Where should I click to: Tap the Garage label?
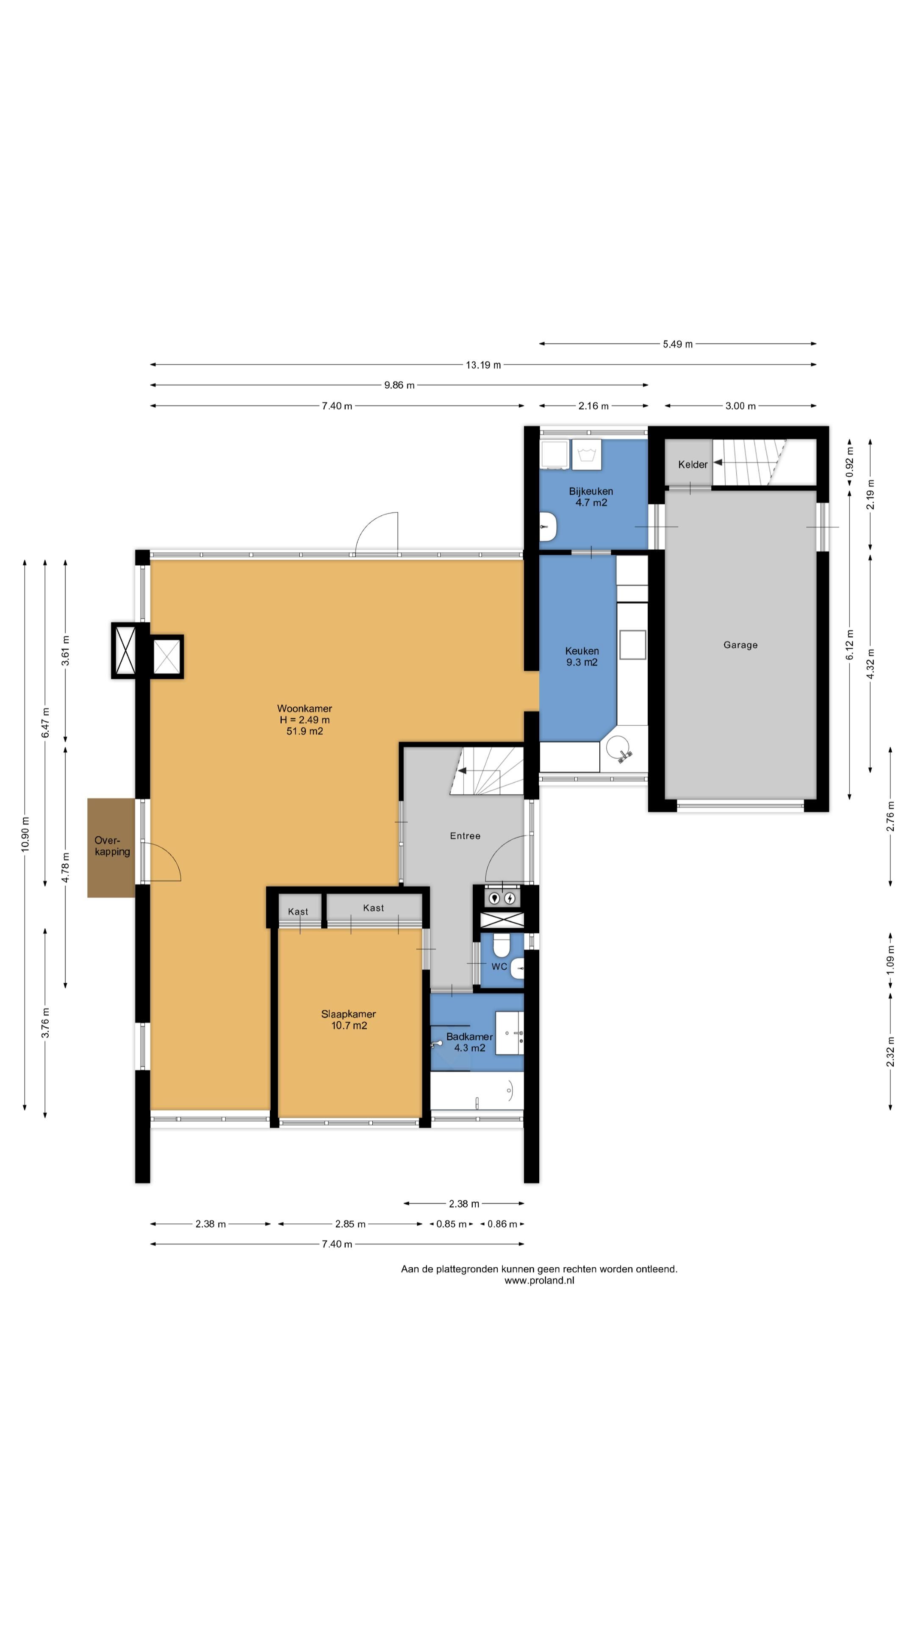pos(740,644)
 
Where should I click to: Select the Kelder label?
pos(693,465)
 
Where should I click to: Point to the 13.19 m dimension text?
pos(483,365)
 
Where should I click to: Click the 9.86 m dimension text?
pos(399,385)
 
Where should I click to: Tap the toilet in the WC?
pos(502,946)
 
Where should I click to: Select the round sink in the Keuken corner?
pos(618,748)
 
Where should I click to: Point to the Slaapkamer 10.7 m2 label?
pos(349,1019)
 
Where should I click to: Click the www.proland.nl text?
pos(539,1280)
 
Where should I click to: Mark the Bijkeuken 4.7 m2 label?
pos(591,497)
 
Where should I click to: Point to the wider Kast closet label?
pos(373,908)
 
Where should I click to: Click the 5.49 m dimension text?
pos(678,344)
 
